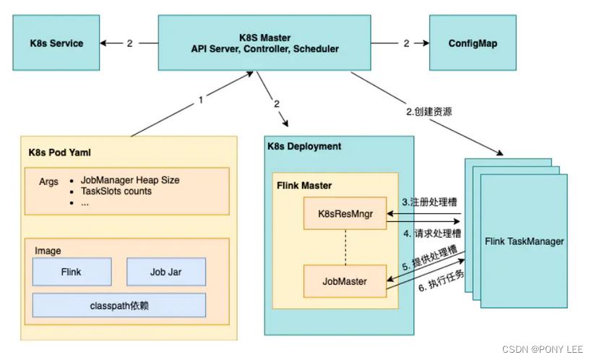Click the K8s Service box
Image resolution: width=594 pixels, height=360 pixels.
(x=56, y=43)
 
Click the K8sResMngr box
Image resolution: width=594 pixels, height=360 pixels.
(x=344, y=215)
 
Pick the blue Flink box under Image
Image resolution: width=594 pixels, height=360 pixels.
(x=72, y=272)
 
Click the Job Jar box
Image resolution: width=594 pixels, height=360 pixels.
(x=167, y=272)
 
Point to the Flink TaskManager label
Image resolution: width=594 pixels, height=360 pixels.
(x=524, y=241)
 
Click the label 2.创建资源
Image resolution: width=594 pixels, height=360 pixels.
(x=434, y=113)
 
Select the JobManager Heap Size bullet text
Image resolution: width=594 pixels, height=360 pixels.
(x=129, y=180)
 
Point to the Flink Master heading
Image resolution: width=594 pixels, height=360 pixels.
(x=304, y=185)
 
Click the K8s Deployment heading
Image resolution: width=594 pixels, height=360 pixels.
(x=304, y=146)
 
